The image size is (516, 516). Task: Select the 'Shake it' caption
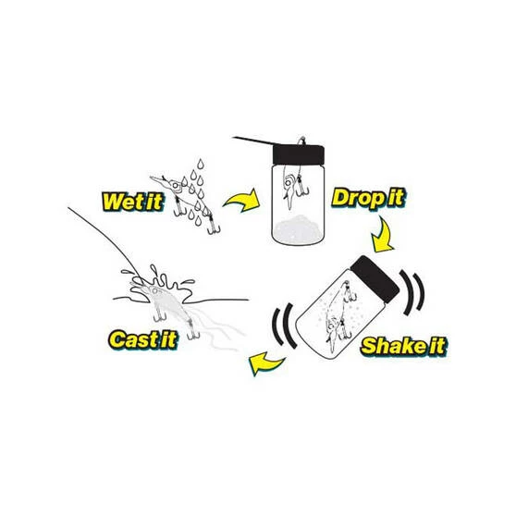click(x=392, y=347)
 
